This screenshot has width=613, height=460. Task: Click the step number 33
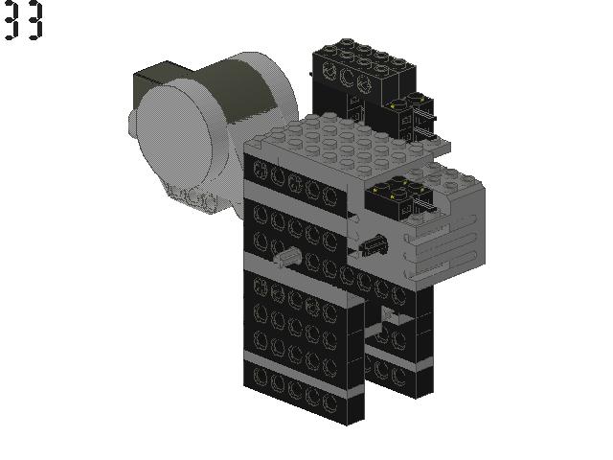point(23,20)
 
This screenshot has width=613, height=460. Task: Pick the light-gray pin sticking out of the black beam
point(287,258)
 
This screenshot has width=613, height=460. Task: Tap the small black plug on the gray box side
point(374,245)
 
